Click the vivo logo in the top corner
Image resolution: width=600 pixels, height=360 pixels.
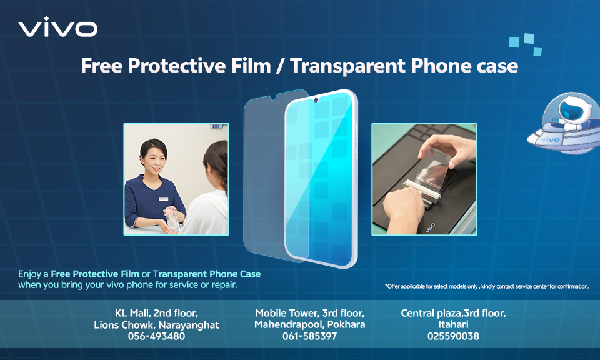point(57,27)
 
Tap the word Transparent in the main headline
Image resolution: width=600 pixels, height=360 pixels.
point(347,66)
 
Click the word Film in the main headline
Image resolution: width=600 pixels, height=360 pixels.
point(251,66)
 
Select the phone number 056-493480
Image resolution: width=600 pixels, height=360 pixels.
point(156,336)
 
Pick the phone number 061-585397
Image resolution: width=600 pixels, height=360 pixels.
point(309,336)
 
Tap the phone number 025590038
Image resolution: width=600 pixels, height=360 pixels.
point(453,336)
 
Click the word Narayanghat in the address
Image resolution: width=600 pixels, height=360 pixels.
point(189,325)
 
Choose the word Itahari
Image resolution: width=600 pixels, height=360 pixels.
point(453,324)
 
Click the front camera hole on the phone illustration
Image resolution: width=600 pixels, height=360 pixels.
point(316,100)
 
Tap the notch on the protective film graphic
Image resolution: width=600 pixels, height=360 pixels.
point(273,97)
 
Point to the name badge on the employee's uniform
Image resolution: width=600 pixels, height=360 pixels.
point(163,199)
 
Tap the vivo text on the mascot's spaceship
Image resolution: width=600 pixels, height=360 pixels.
point(550,139)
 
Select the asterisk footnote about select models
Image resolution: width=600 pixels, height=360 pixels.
point(487,286)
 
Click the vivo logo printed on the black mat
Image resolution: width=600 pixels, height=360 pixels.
point(430,227)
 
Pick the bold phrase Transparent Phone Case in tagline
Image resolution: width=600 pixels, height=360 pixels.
point(207,274)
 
